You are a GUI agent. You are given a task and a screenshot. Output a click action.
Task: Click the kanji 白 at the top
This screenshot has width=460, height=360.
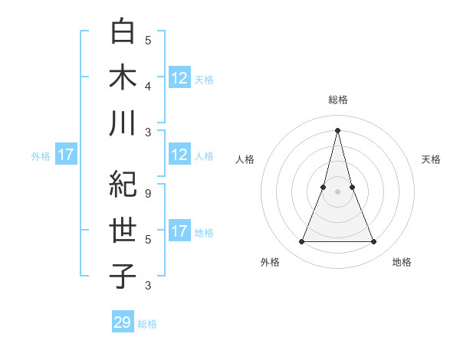click(123, 31)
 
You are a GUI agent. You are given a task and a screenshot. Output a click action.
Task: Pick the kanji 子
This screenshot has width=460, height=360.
click(123, 276)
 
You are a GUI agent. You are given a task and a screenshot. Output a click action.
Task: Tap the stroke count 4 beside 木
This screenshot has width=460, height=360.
click(148, 86)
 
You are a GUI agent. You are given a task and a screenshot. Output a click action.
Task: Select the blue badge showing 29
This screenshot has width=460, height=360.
click(123, 322)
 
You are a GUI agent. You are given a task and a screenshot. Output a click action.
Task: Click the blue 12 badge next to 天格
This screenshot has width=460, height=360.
click(179, 78)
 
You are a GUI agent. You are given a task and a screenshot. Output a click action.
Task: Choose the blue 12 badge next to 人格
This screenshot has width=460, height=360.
click(179, 155)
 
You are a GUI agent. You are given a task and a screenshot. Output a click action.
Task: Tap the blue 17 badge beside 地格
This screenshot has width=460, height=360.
click(179, 231)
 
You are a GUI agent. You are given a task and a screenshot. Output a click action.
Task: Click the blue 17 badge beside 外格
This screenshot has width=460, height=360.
click(66, 155)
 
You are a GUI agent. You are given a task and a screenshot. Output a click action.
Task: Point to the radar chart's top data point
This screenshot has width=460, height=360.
click(337, 129)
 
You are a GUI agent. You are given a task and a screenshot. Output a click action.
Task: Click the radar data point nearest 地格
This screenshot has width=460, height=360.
click(374, 242)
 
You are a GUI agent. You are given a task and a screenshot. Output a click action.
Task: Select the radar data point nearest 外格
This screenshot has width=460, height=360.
click(301, 242)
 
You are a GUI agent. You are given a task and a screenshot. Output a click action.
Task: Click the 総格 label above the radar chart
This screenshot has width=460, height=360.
click(337, 100)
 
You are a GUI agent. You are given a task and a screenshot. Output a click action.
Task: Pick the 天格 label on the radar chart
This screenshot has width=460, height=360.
click(432, 159)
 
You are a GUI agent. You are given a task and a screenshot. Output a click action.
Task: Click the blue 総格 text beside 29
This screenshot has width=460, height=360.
click(147, 324)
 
